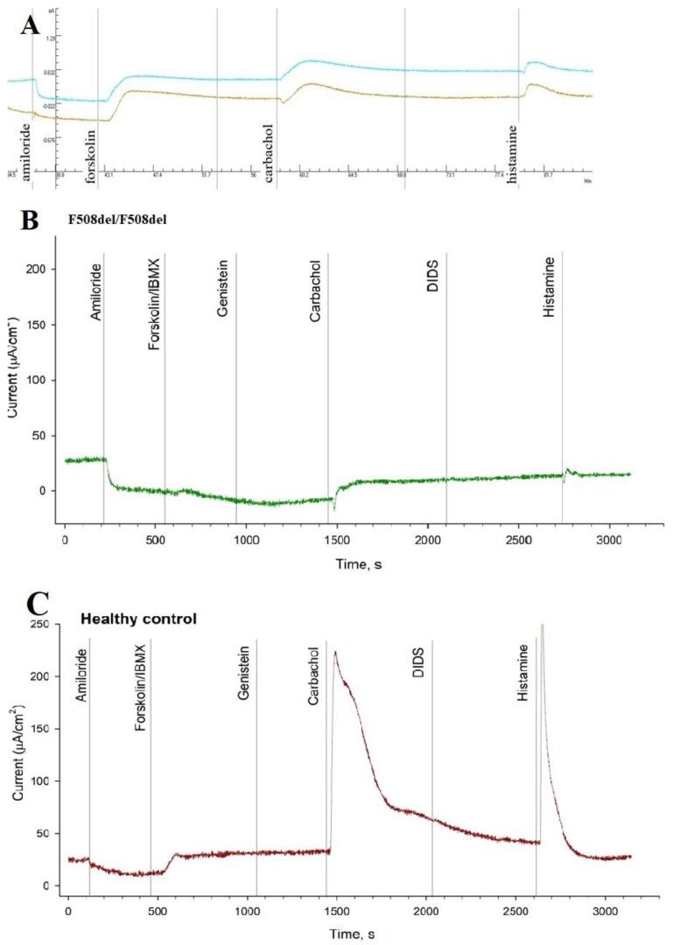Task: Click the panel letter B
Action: point(31,220)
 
